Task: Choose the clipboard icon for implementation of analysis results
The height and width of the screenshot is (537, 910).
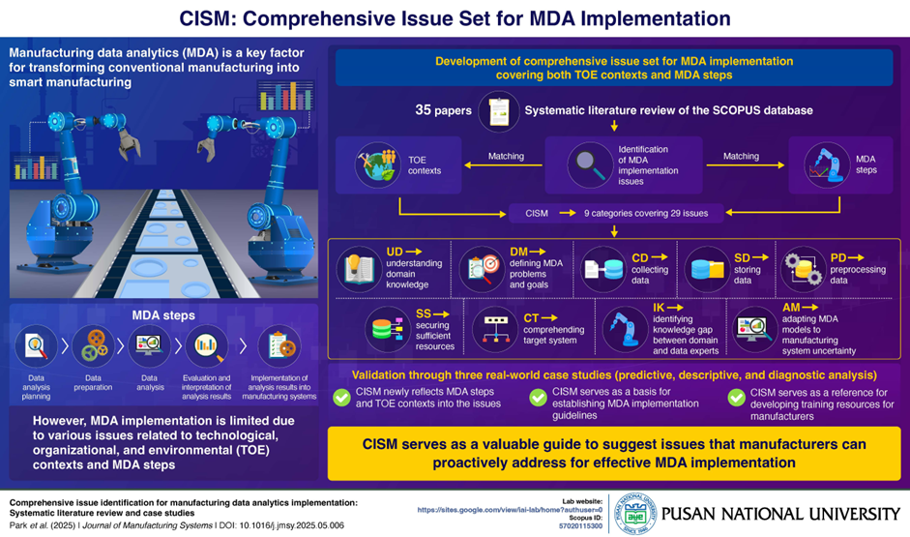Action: click(x=279, y=346)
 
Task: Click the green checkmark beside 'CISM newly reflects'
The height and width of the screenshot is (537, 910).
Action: click(x=341, y=398)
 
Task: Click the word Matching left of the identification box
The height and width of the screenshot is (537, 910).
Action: click(x=506, y=155)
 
